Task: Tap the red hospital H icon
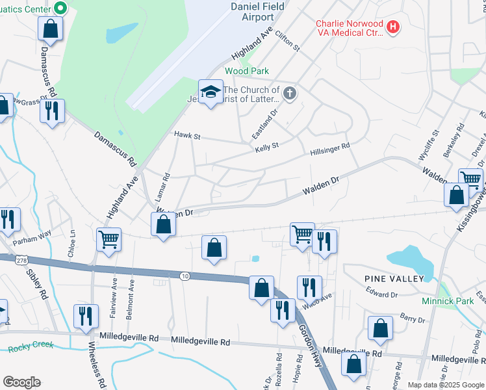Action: click(392, 27)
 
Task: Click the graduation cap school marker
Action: click(211, 92)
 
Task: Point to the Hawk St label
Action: click(188, 136)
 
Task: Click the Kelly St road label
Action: click(266, 146)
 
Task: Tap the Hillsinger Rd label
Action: click(329, 149)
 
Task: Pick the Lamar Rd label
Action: click(166, 185)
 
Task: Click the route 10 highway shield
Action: click(185, 276)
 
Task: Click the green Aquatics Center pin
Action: click(60, 8)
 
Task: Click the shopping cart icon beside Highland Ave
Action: click(109, 239)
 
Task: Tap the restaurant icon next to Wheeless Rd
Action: click(86, 317)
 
